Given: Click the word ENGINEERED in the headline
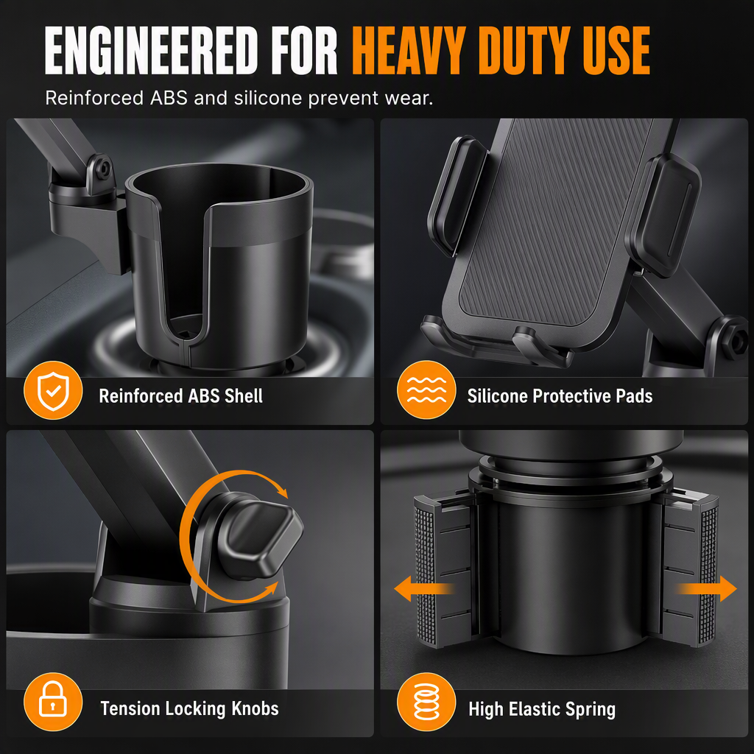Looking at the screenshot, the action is [152, 51].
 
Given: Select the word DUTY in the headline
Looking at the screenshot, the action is [525, 51].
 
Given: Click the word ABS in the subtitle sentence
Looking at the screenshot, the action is [169, 98].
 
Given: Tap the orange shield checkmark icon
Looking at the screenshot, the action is [53, 390].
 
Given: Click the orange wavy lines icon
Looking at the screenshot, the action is [426, 390].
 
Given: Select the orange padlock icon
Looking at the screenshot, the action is [53, 702].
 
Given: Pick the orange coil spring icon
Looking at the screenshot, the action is [426, 702].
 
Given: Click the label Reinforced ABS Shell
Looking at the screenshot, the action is [181, 396].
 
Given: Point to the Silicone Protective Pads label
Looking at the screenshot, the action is [560, 396].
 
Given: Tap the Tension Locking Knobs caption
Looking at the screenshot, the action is [189, 708].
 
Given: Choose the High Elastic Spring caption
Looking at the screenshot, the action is [542, 709].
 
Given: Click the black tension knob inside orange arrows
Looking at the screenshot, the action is [260, 538].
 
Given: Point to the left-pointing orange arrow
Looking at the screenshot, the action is [423, 588].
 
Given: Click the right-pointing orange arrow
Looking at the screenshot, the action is [707, 588].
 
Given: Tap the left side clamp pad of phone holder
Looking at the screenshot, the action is [457, 194].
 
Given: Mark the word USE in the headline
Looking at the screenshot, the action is [617, 51].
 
